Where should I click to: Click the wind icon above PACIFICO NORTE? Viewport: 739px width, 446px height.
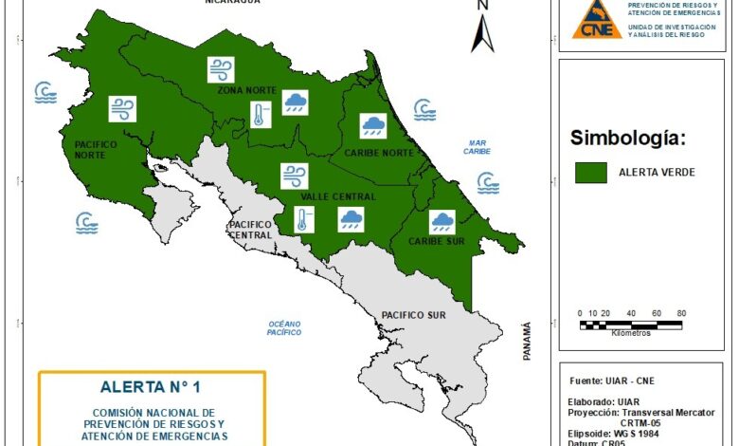click(122, 109)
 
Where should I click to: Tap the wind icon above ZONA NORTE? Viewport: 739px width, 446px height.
click(222, 69)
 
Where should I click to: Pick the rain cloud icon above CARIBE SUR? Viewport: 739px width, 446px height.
click(442, 222)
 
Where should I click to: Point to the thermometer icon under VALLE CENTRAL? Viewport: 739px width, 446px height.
click(301, 222)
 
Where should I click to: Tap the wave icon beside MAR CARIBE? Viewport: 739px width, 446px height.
click(488, 181)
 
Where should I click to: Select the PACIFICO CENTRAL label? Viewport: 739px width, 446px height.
click(251, 230)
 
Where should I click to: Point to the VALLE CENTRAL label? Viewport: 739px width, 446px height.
click(338, 196)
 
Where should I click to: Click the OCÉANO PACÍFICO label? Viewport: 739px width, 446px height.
click(283, 328)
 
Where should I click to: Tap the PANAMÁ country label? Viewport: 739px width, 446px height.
click(528, 341)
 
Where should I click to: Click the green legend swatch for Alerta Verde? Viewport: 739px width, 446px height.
click(592, 172)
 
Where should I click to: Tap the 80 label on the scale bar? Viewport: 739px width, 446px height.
click(680, 313)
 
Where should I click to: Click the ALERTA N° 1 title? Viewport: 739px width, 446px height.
click(152, 386)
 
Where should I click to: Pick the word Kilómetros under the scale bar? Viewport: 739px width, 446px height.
click(630, 333)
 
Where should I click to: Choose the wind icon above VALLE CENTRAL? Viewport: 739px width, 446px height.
click(294, 176)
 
